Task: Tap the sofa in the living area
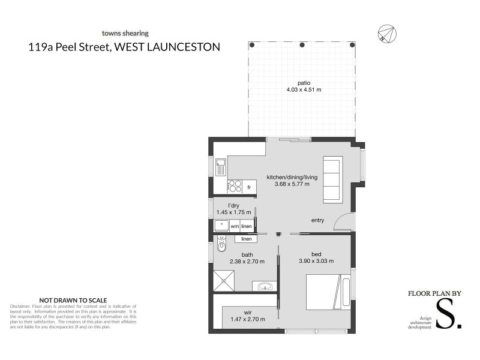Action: click(332, 179)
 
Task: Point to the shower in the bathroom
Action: click(223, 280)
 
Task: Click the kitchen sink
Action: click(221, 167)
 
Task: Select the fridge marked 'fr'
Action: click(248, 188)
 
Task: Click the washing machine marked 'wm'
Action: click(235, 226)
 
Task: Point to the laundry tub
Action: click(221, 226)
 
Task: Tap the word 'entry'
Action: click(317, 220)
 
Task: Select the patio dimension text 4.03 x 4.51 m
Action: click(304, 90)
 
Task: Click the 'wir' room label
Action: click(247, 312)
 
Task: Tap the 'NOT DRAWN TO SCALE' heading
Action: click(73, 299)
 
